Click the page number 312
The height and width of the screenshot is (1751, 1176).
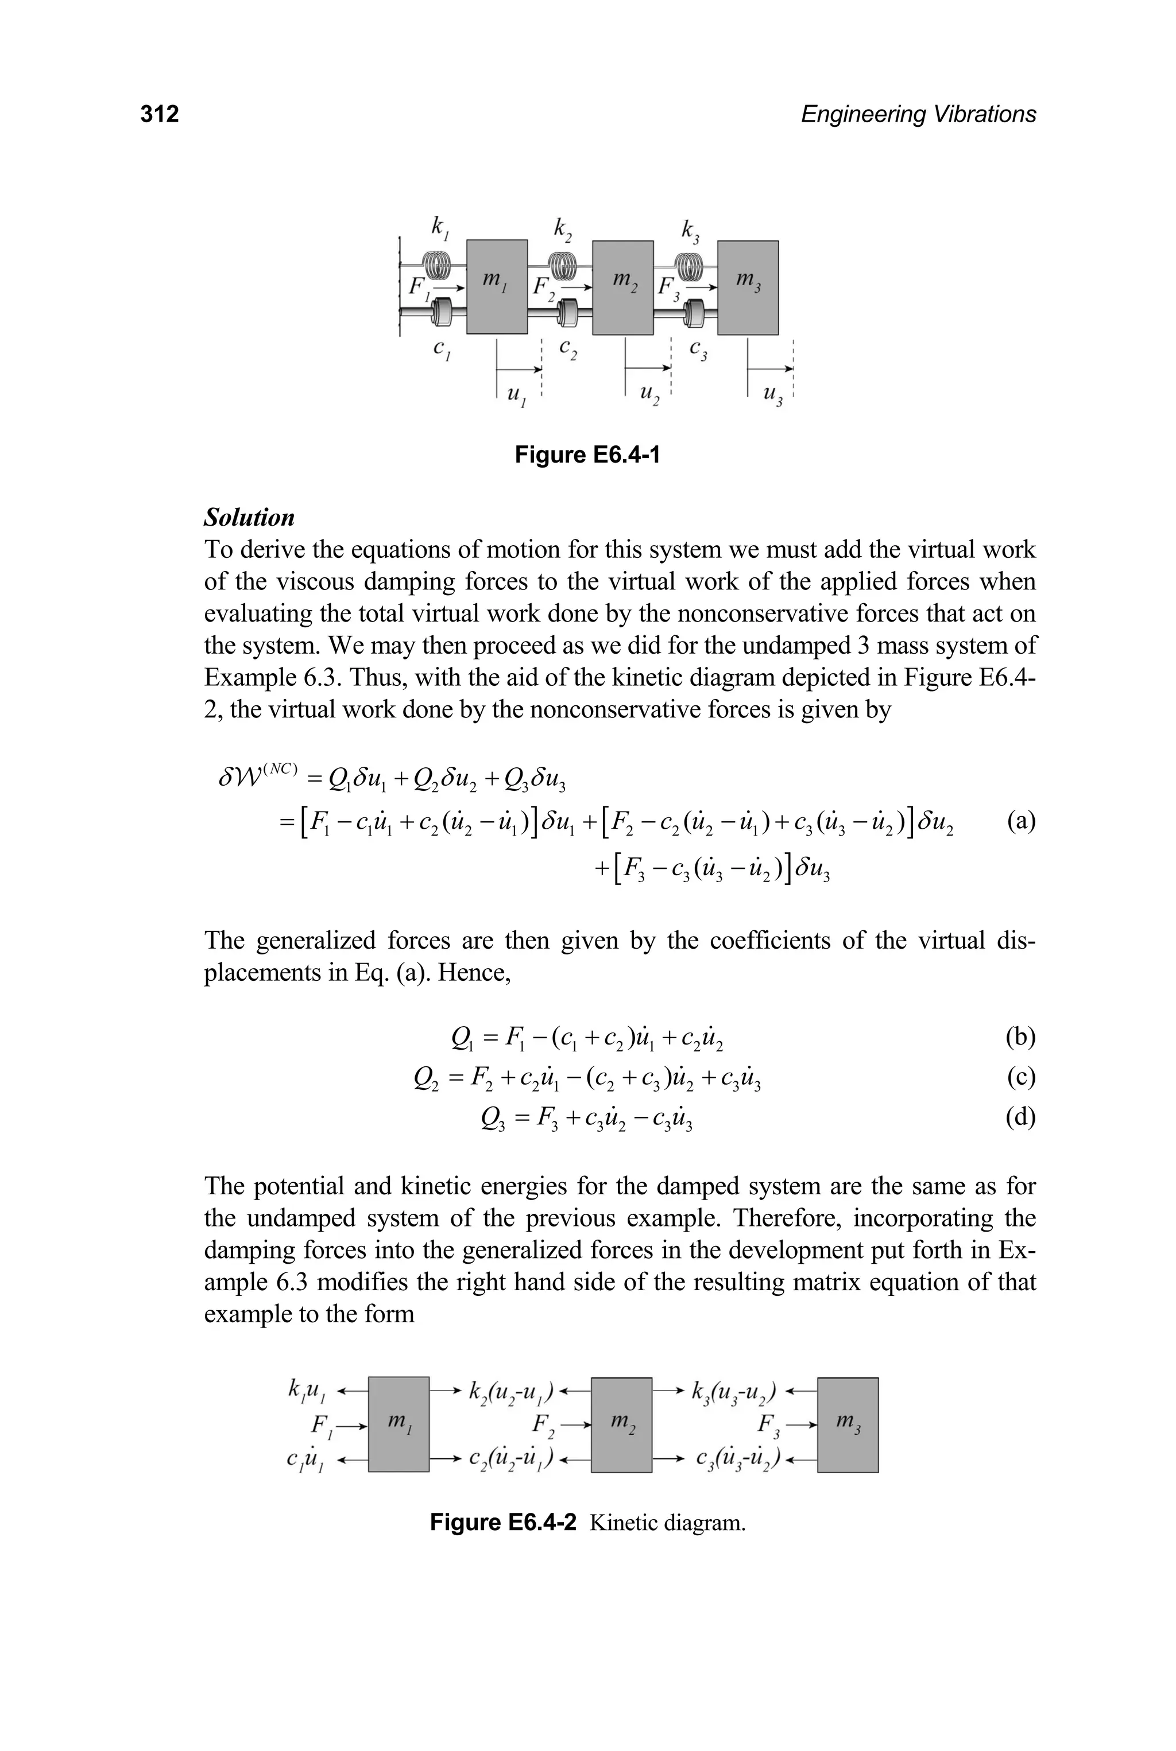tap(160, 114)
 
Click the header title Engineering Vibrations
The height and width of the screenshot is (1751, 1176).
tap(918, 114)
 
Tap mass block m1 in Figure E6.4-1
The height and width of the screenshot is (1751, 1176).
tap(497, 287)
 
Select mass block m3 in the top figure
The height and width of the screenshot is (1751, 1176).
tap(748, 287)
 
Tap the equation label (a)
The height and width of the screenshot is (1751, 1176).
tap(1021, 821)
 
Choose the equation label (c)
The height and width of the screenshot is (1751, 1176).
tap(1021, 1078)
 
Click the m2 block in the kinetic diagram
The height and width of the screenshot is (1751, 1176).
tap(622, 1424)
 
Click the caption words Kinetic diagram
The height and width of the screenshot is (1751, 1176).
tap(667, 1523)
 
